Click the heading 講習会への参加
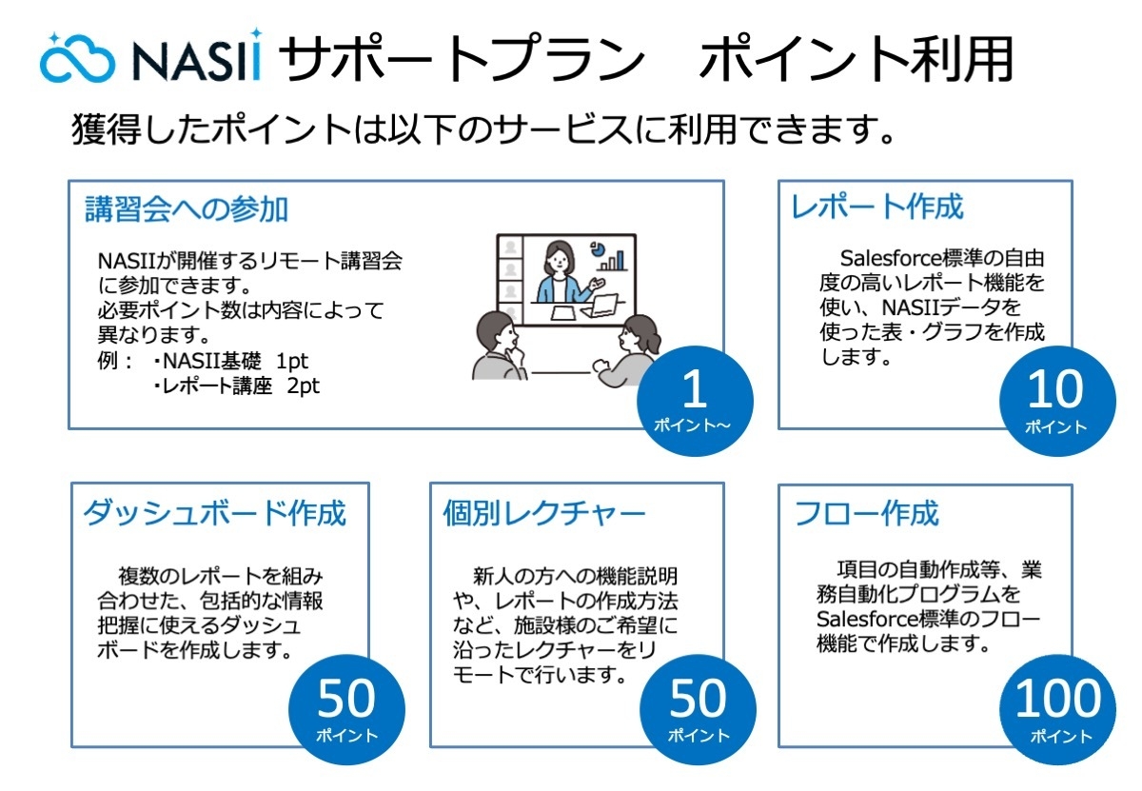tap(186, 208)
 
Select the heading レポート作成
tap(877, 207)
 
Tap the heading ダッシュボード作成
tap(215, 513)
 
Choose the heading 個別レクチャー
tap(544, 513)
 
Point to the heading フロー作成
tap(866, 513)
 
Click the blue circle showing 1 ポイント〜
tap(694, 400)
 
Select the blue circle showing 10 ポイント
tap(1054, 400)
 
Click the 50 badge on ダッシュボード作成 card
tap(346, 709)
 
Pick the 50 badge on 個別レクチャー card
tap(698, 709)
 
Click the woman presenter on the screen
tap(560, 272)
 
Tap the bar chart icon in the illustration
tap(617, 258)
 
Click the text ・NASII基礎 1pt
tap(229, 363)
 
